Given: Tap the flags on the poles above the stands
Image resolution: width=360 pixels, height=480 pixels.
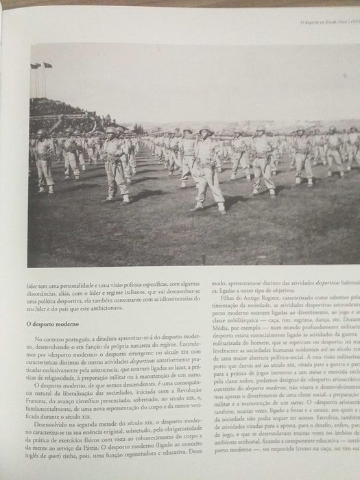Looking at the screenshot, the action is click(x=40, y=66).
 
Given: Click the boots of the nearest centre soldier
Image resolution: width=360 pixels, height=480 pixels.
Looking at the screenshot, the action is click(x=210, y=207).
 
